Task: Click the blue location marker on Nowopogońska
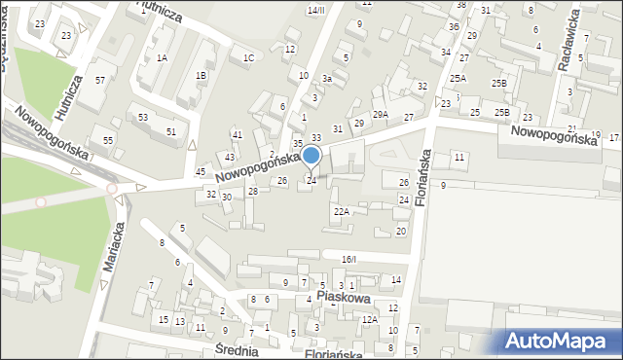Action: click(311, 156)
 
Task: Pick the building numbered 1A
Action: click(162, 58)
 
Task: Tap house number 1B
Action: click(201, 76)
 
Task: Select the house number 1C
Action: click(248, 58)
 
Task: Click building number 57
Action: click(99, 79)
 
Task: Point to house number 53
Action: click(142, 118)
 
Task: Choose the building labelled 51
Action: click(171, 132)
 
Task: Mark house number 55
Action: click(108, 141)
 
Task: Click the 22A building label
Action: click(341, 211)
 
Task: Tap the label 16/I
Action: click(349, 259)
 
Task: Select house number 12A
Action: click(370, 320)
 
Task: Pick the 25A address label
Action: click(458, 79)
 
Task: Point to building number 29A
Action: click(380, 115)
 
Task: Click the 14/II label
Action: click(315, 10)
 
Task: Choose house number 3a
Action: click(328, 79)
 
